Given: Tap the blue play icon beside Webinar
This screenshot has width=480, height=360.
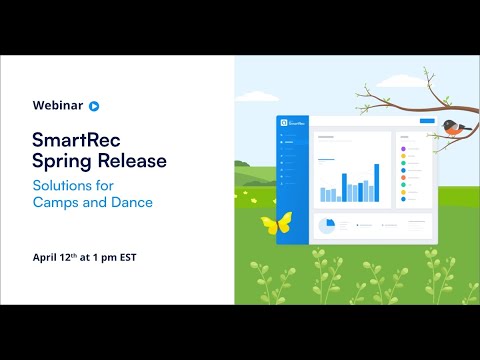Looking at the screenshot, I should coord(94,104).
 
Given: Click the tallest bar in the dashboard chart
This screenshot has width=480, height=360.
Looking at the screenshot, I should coord(376,183).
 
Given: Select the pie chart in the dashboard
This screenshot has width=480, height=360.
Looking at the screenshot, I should coord(326,226).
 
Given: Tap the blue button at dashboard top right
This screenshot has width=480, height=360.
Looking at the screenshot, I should coord(428,121).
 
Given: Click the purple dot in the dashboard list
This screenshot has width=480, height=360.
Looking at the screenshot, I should coord(402,149).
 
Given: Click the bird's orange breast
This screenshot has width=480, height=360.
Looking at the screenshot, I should coord(462,132).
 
